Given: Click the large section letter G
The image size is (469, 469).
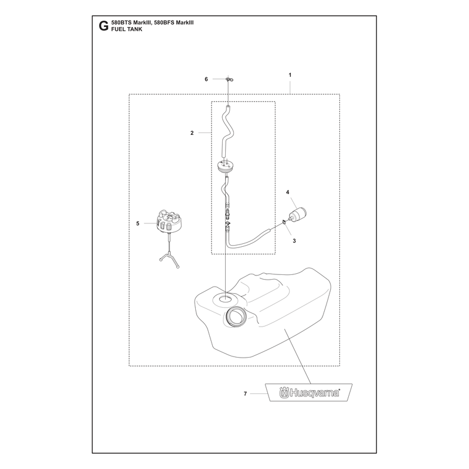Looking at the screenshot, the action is coord(103,26).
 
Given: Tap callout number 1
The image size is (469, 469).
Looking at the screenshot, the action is coord(290,75).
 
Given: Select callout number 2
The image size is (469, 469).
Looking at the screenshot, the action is coord(192,133).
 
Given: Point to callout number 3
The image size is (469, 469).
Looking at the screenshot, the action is coord(294,241).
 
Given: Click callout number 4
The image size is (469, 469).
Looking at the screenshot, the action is coord(287,192).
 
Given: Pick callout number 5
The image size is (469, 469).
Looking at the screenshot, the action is coord(138,223).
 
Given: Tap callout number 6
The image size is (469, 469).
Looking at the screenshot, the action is coord(206,79).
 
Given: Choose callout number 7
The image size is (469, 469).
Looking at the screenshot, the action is coord(245,393).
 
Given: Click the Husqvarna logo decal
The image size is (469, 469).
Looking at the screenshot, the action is coord(310,392).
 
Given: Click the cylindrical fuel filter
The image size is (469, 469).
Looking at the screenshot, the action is coord(298,215).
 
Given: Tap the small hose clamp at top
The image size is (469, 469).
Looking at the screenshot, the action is coord(229,79).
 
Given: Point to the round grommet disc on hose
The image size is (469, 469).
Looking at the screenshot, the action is coord(225,165).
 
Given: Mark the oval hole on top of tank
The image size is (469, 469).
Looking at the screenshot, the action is coord(225,298).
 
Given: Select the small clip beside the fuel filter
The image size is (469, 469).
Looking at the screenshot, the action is coord(283,222).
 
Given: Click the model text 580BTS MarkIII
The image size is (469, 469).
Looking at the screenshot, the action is coord(130,22).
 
